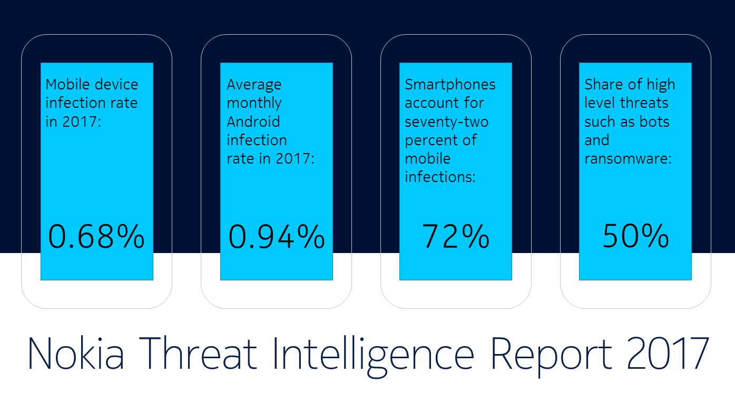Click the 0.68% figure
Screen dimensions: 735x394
click(x=96, y=236)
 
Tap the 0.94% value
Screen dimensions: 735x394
click(x=276, y=236)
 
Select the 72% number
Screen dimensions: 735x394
click(x=455, y=236)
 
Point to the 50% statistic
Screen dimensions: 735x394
click(x=635, y=236)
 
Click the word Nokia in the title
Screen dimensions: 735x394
click(x=76, y=353)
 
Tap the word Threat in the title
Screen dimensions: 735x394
click(x=200, y=353)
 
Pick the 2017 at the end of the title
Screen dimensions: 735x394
click(x=668, y=353)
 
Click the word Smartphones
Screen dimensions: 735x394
click(x=450, y=85)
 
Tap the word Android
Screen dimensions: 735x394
click(x=253, y=122)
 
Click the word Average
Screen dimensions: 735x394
click(x=254, y=85)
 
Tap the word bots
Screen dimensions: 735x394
click(x=654, y=122)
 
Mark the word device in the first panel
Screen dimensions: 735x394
click(x=120, y=84)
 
